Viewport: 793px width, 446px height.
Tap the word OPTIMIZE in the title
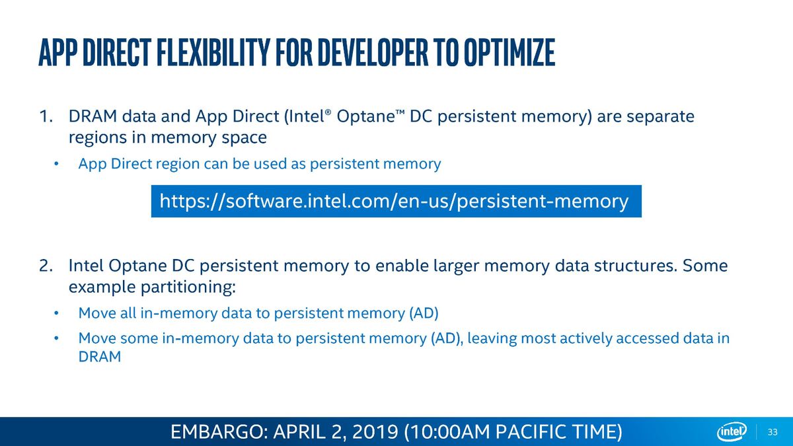point(509,53)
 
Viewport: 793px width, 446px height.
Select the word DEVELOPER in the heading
point(373,53)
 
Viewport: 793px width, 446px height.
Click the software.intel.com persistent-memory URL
point(394,202)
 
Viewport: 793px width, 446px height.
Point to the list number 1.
point(46,116)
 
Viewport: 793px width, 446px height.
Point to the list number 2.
point(46,266)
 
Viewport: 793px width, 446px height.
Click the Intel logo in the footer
point(732,432)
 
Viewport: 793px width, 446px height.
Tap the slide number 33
point(773,432)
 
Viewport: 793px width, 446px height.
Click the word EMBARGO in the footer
point(219,432)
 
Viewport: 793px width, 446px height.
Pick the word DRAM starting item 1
point(93,116)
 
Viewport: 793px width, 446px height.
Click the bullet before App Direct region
point(56,164)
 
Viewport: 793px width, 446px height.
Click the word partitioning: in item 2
point(188,287)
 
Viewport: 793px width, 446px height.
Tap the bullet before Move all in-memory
point(56,313)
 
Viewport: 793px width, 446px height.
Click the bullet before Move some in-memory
point(56,338)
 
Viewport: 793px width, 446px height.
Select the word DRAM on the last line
point(100,357)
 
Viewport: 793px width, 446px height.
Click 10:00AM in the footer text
point(449,432)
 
